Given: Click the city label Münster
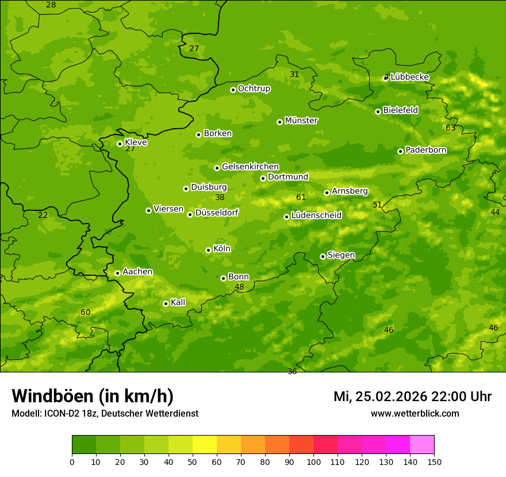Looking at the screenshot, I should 301,121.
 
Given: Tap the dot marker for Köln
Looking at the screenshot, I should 208,250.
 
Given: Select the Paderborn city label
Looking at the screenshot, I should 425,150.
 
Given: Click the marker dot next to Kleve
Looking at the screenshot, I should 120,144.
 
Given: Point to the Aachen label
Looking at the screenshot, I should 137,272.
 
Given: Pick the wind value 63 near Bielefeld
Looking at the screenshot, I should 450,128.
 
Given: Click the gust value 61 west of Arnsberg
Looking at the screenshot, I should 301,197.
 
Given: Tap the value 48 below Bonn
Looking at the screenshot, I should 239,287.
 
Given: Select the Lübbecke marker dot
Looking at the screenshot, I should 386,78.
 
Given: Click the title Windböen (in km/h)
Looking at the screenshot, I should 92,396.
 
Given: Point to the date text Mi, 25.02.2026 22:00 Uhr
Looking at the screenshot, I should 412,397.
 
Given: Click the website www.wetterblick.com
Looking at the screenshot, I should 415,414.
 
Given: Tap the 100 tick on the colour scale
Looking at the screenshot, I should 313,461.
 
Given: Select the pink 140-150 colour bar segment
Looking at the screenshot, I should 422,445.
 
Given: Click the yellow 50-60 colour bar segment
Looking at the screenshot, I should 205,445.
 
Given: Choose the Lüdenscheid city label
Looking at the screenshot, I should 316,216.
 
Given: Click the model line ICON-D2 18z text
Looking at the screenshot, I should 105,414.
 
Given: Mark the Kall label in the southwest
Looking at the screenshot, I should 178,302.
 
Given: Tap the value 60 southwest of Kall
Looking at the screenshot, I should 85,312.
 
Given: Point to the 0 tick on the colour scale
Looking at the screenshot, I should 72,461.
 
